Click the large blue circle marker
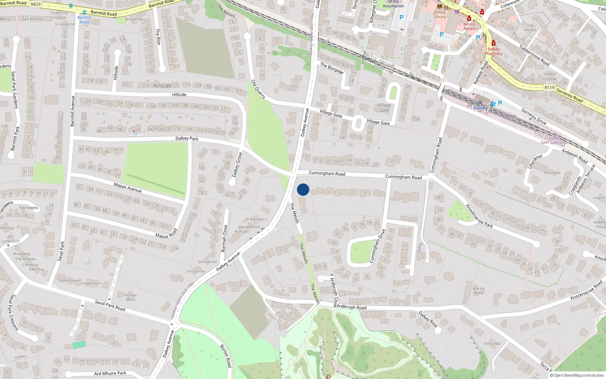tap(303, 189)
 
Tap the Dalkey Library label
tap(440, 14)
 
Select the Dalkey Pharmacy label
tap(494, 51)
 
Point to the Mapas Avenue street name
tap(128, 187)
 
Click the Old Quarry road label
tap(258, 89)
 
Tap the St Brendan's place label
tap(256, 219)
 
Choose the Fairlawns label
tap(29, 208)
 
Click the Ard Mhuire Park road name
tap(110, 373)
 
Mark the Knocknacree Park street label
tap(479, 216)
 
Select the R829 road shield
tap(36, 4)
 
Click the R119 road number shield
tap(550, 88)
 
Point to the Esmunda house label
tap(492, 344)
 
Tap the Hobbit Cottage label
tap(550, 76)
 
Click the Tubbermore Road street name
tap(534, 55)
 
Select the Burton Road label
tap(226, 356)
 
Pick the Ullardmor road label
tap(535, 161)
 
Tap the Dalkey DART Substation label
tap(554, 141)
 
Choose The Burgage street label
tap(332, 68)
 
